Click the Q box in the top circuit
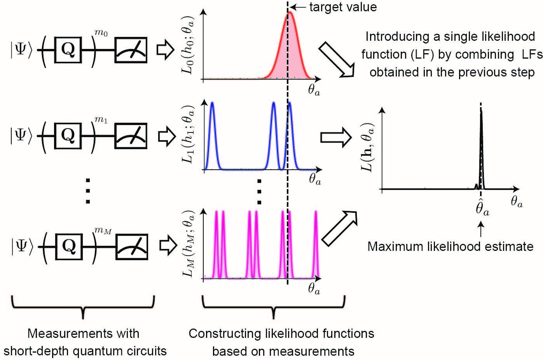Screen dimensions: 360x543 pyautogui.click(x=68, y=50)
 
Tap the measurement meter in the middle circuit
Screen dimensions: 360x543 pyautogui.click(x=131, y=135)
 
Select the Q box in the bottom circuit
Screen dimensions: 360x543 pyautogui.click(x=68, y=245)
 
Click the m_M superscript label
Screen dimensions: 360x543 pyautogui.click(x=103, y=231)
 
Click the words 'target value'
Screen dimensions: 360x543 pyautogui.click(x=343, y=7)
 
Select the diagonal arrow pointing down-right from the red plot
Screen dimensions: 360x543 pyautogui.click(x=337, y=60)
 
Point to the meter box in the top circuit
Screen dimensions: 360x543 pyautogui.click(x=131, y=50)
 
